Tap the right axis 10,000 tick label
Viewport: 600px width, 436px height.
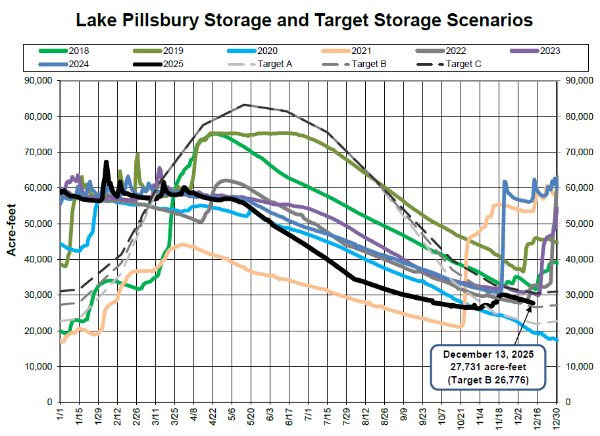[578, 366]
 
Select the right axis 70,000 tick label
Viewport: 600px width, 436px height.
[578, 152]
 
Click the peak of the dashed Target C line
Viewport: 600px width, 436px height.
[245, 105]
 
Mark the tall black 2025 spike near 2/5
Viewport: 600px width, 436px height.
[107, 162]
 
